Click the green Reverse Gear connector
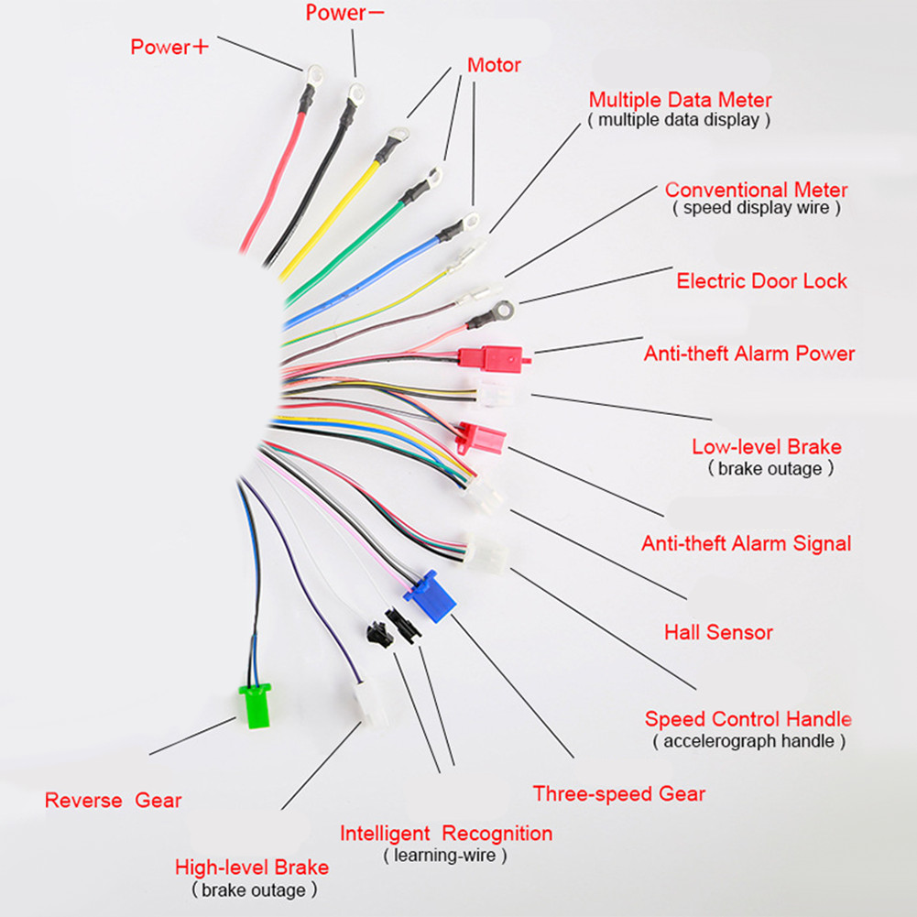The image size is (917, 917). point(255,705)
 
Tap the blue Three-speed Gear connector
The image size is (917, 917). point(430,596)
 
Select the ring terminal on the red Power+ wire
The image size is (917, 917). point(313,76)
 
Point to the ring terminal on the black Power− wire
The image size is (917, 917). point(355,93)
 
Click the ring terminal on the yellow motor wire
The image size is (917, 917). point(399,136)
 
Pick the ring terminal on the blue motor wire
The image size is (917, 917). point(469,223)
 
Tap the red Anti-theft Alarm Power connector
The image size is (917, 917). point(494,356)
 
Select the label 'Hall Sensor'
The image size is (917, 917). point(718,632)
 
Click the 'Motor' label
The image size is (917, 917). point(494,65)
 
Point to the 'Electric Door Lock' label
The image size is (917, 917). point(761,280)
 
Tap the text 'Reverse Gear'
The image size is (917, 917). point(113,800)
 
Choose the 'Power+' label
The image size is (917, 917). point(169,47)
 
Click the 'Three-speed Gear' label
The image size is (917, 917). point(618,793)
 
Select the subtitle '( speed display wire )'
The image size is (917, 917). point(756,208)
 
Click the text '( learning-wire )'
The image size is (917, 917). point(445,855)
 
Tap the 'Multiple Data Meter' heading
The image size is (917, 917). point(680,100)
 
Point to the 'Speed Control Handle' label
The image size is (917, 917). point(748,719)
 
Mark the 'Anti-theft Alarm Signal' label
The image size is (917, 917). point(747,543)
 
